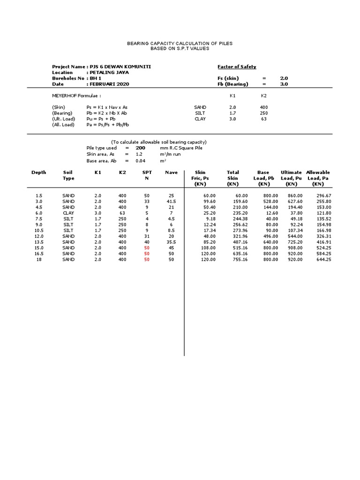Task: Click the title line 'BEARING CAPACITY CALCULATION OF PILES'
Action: (x=180, y=43)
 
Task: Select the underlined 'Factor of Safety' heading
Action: (x=237, y=67)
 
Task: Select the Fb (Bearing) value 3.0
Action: (x=284, y=84)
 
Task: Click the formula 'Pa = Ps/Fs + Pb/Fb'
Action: (x=107, y=125)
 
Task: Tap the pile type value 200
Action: (x=140, y=148)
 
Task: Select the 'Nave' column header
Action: (x=171, y=172)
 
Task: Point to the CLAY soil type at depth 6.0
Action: (x=68, y=213)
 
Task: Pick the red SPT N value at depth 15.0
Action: (x=147, y=247)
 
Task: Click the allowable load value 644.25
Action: (x=323, y=259)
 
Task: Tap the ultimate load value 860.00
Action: (x=295, y=195)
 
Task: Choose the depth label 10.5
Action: (x=39, y=230)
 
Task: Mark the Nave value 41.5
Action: (x=171, y=201)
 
